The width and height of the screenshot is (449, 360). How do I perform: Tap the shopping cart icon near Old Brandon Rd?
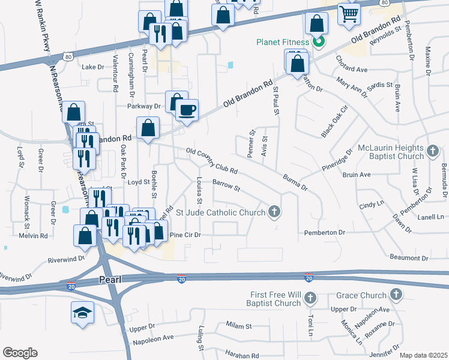pos(348,13)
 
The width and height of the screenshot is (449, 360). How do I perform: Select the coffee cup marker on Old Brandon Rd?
pos(187,110)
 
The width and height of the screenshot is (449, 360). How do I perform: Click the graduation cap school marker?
pos(83,312)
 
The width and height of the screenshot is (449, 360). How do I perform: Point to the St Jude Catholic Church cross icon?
pos(274,211)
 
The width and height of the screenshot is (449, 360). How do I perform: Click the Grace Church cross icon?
pos(396,295)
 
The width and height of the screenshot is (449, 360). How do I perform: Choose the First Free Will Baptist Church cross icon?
pos(310,298)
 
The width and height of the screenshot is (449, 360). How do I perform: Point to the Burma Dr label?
pos(295,182)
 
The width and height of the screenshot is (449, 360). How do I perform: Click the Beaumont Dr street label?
pos(408,258)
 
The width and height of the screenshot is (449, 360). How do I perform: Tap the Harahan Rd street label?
pos(241,355)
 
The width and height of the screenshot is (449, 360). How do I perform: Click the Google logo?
pos(20,352)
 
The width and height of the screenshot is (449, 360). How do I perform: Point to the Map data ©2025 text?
pos(423,355)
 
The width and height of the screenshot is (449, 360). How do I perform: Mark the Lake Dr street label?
pos(93,67)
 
